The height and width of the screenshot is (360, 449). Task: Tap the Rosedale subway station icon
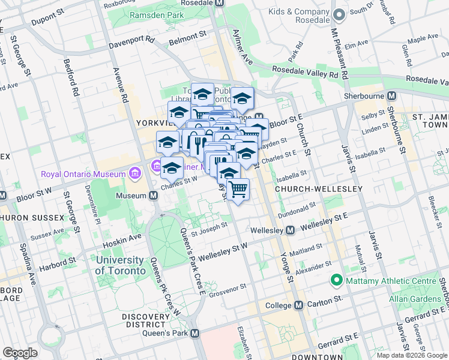(x=219, y=2)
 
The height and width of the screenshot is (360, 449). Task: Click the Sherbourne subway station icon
(x=391, y=96)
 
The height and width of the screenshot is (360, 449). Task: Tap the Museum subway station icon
(x=154, y=196)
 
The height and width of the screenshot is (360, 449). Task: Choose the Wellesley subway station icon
(x=289, y=230)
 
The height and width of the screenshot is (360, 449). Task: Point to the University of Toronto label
(x=120, y=265)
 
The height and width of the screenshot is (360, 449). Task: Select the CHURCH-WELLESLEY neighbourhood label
(x=318, y=189)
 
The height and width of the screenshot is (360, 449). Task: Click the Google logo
(x=20, y=353)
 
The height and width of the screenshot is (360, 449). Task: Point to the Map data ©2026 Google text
(x=412, y=355)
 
